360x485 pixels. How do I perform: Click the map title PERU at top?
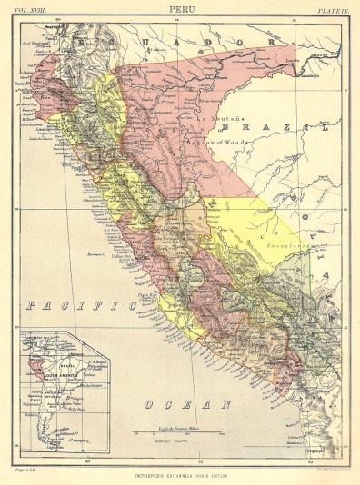[x=180, y=9]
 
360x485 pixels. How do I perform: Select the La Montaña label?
[x=216, y=120]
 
